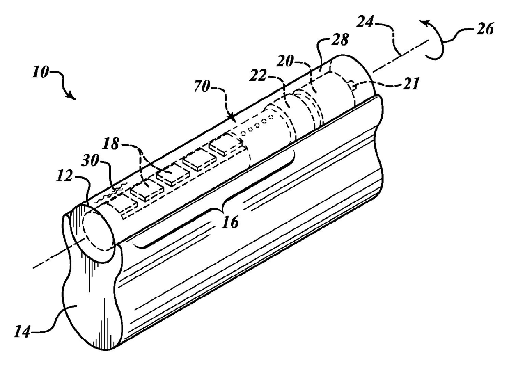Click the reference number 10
tap(40, 75)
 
